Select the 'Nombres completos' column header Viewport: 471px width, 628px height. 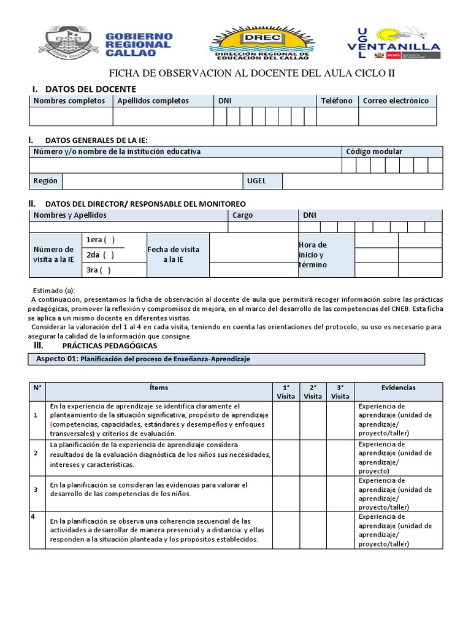(x=69, y=101)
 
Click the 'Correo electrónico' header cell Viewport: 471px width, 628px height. (x=396, y=101)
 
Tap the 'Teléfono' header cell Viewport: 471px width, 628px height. (x=337, y=101)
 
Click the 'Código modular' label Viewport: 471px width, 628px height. (x=374, y=151)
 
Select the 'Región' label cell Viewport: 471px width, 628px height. (x=46, y=181)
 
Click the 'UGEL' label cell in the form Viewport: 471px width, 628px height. (x=256, y=181)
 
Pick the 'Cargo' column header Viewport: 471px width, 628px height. (x=243, y=215)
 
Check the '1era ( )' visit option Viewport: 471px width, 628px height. (x=101, y=240)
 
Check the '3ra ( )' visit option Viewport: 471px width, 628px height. (x=99, y=270)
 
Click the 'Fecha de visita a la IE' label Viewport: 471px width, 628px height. (x=174, y=255)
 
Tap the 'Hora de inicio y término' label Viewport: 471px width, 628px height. (x=313, y=255)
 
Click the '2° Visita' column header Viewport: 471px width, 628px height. (x=313, y=391)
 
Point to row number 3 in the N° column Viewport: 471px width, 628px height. (x=36, y=489)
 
